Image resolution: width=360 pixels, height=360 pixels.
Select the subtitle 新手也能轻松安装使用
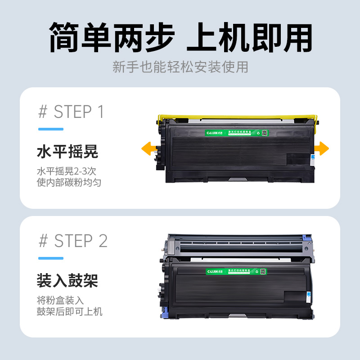[x=180, y=67]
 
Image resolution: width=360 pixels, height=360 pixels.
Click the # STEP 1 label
[x=71, y=112]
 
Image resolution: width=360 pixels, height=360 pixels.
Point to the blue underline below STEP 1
[x=50, y=129]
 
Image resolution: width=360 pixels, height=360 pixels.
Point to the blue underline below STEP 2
[x=50, y=258]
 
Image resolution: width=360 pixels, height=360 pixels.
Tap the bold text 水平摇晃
[x=67, y=152]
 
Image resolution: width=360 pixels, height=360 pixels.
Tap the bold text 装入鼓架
[x=67, y=281]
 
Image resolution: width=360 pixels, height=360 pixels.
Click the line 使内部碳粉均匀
[x=69, y=183]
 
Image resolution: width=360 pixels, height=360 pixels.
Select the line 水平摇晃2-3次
[x=67, y=171]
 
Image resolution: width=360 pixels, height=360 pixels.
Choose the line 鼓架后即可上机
[x=69, y=311]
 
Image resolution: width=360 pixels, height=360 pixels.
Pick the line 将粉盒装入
[x=60, y=300]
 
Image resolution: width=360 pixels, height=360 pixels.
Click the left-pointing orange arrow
[x=148, y=148]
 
